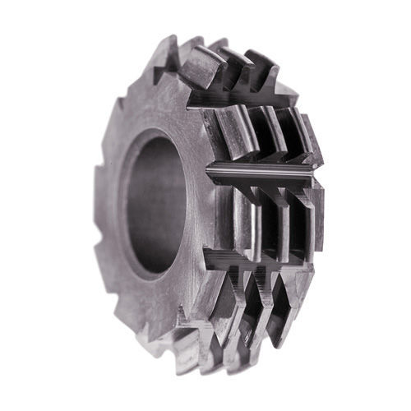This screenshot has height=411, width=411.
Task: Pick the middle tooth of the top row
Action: click(234, 70)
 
